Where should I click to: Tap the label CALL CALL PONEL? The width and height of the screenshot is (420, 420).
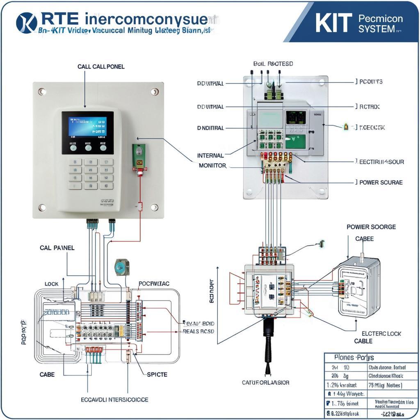click(101, 66)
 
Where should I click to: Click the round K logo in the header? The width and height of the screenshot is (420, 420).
click(27, 23)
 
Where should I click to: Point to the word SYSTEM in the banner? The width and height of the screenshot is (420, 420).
click(376, 30)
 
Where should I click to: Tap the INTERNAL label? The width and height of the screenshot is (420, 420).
click(210, 155)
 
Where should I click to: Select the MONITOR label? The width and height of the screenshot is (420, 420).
click(212, 166)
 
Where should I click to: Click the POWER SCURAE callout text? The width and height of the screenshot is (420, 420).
click(381, 182)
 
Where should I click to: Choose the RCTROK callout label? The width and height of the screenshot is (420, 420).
click(369, 107)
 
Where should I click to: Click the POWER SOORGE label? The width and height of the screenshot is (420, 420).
click(371, 227)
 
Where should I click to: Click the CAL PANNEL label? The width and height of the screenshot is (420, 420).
click(57, 248)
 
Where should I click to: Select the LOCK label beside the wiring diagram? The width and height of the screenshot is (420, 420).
click(51, 284)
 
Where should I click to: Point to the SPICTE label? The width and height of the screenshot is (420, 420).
click(157, 374)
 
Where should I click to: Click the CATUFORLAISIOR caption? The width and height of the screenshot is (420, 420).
click(265, 383)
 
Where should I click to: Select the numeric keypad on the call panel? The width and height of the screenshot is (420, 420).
click(90, 174)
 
